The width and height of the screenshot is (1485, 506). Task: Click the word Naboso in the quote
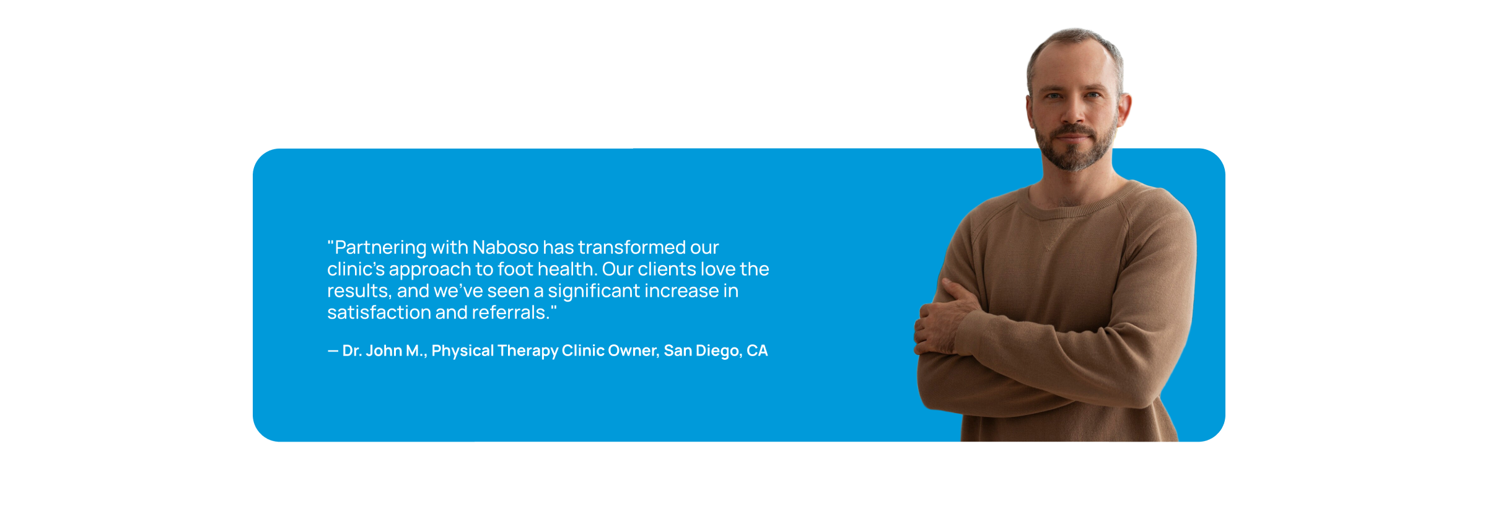[x=506, y=247]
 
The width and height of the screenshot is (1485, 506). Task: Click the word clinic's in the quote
[x=356, y=269]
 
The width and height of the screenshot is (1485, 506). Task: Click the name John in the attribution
[x=384, y=351]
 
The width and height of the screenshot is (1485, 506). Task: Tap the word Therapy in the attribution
[x=528, y=351]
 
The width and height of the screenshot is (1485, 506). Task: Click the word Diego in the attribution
[x=718, y=351]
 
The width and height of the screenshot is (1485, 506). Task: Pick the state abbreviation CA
[x=757, y=351]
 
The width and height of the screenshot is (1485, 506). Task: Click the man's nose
[x=1073, y=111]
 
